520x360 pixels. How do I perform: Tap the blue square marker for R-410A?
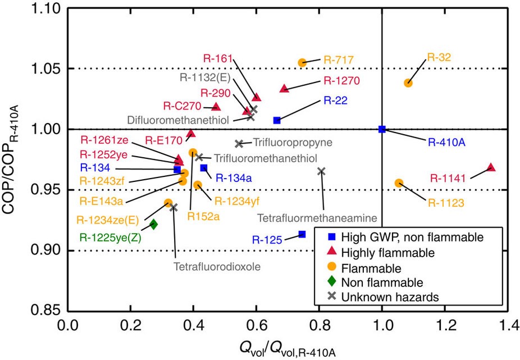[382, 129]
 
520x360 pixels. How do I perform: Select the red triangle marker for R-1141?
[491, 167]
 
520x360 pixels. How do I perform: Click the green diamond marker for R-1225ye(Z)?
[154, 224]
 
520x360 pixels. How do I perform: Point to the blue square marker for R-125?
[302, 234]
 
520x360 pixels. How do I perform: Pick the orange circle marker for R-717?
[302, 62]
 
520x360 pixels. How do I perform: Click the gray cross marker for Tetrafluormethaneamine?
[322, 171]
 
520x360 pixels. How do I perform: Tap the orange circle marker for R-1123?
[399, 183]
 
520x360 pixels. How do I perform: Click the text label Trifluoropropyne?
[284, 143]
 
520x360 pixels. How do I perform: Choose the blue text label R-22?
[335, 101]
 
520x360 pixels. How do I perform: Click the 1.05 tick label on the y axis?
[47, 69]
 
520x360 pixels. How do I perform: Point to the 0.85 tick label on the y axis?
[47, 310]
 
